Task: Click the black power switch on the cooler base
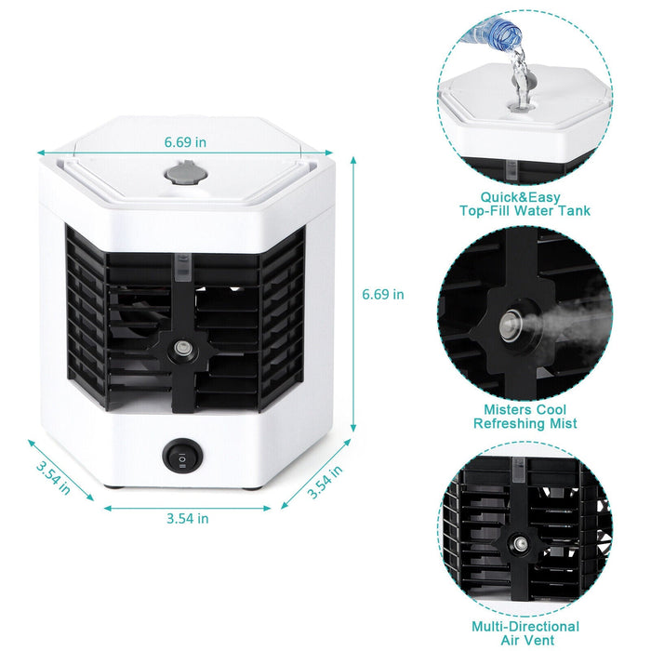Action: (181, 455)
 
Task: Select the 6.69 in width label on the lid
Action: (185, 142)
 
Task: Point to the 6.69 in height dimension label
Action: (383, 294)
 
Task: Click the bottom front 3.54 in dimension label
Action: (187, 518)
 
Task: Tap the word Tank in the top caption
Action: (572, 211)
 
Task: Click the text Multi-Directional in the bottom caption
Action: (525, 626)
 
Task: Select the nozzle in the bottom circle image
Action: (514, 541)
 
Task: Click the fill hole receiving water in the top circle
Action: (518, 94)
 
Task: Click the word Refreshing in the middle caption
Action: (506, 423)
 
